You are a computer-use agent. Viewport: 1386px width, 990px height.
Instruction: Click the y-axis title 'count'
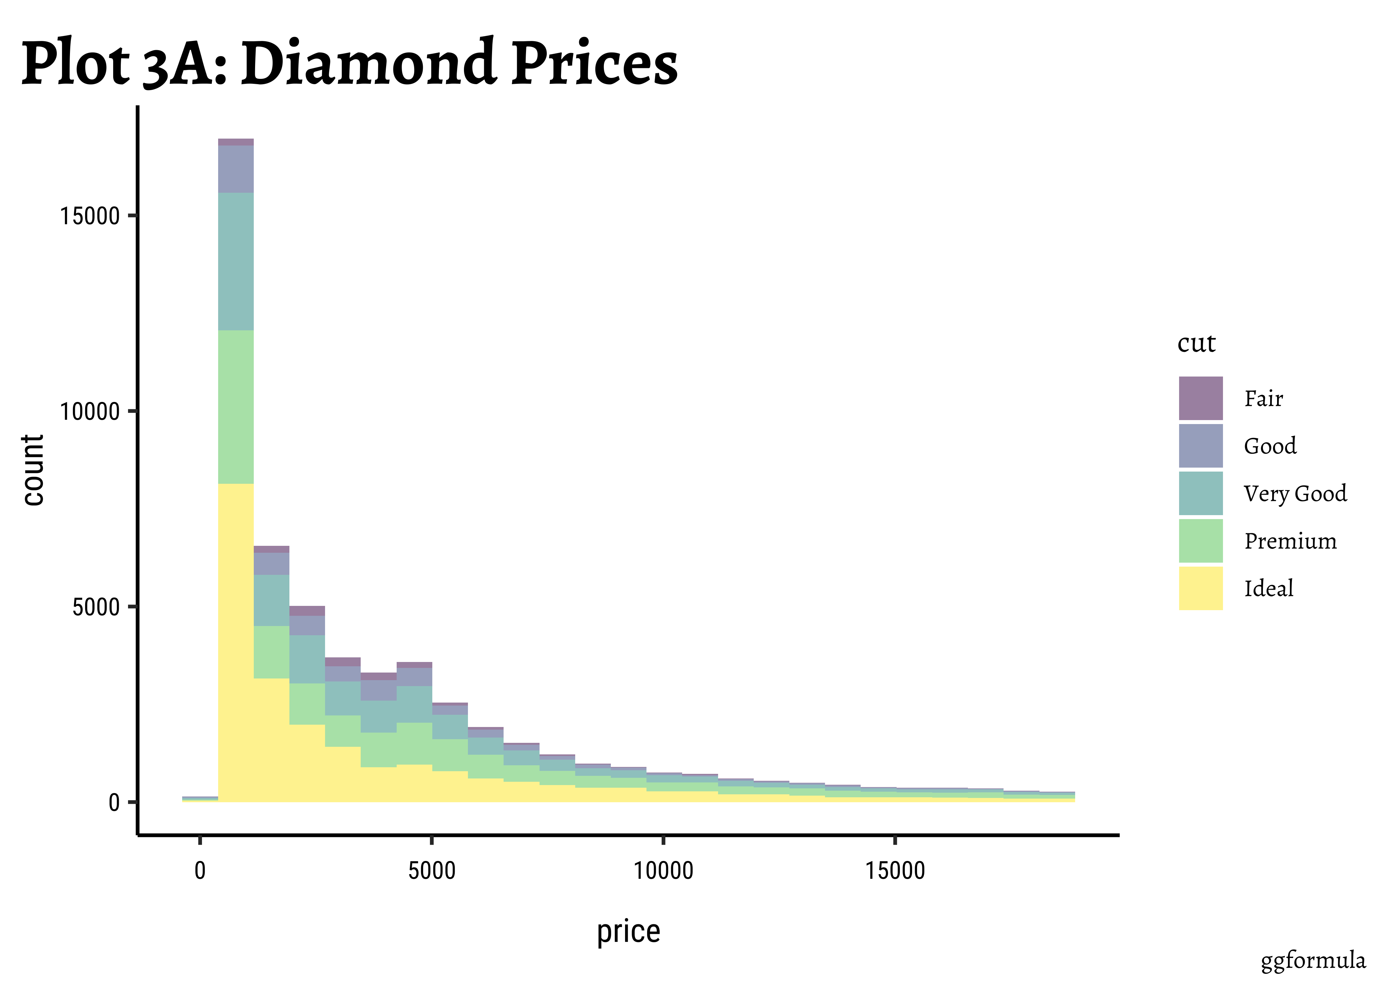pos(34,470)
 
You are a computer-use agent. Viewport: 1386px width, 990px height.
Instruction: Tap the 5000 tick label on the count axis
pos(96,607)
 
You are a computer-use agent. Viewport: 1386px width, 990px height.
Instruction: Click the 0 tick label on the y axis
pos(114,803)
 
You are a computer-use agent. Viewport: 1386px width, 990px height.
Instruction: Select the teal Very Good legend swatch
pos(1200,493)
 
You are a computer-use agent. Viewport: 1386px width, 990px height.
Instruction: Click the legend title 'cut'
pos(1196,343)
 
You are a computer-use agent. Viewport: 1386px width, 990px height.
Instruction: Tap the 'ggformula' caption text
pos(1313,961)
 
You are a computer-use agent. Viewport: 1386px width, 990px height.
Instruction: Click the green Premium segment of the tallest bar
pos(236,407)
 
